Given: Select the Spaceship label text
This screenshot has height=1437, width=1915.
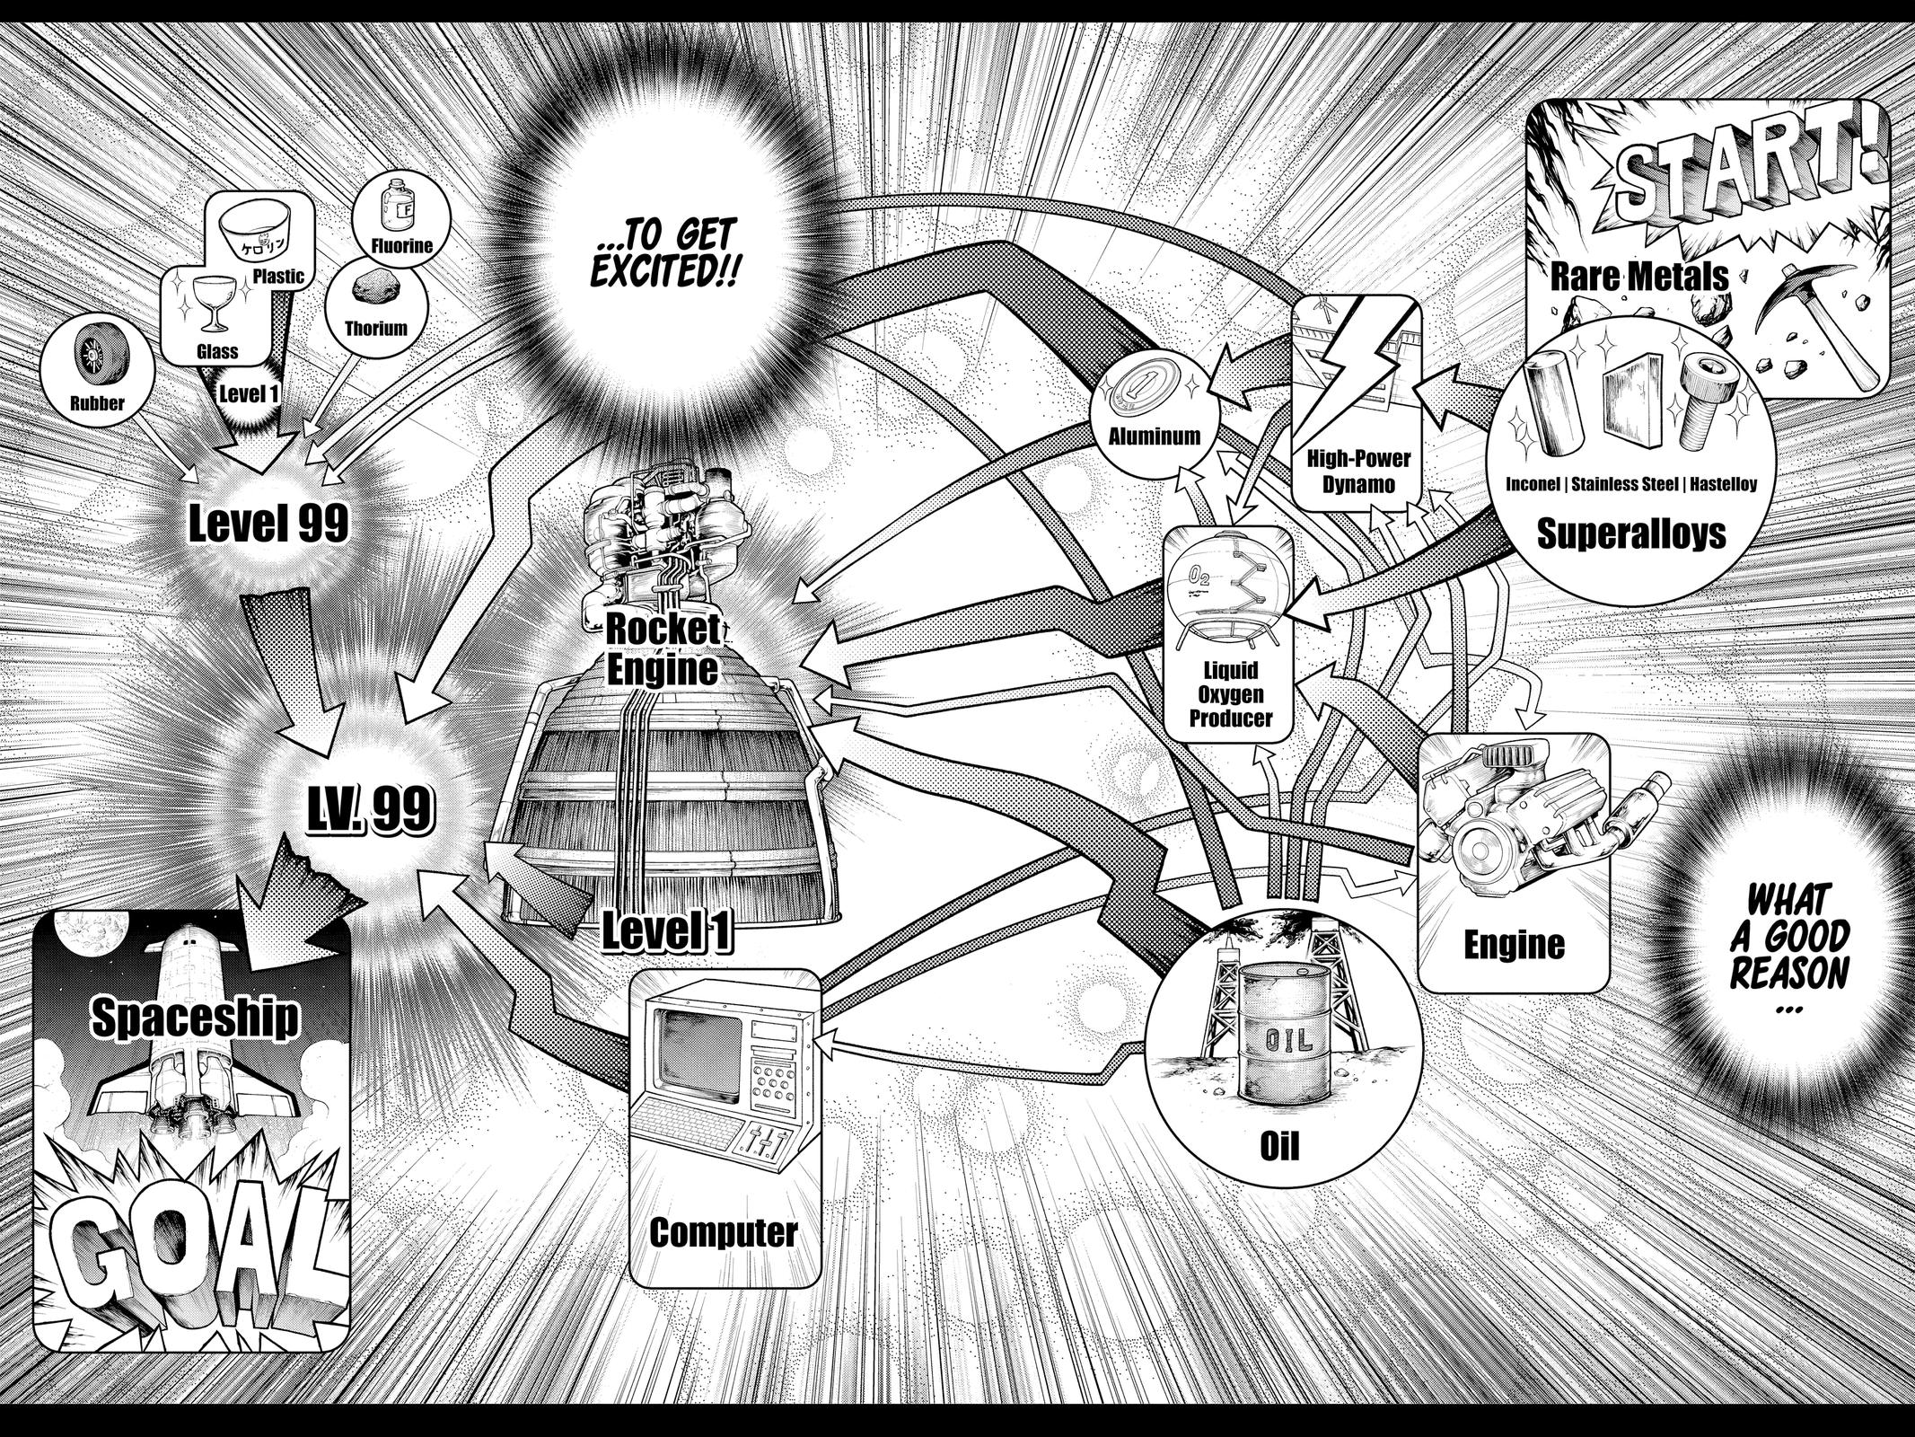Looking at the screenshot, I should tap(195, 1018).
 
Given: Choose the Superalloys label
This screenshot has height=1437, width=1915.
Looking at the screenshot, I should tap(1630, 533).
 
